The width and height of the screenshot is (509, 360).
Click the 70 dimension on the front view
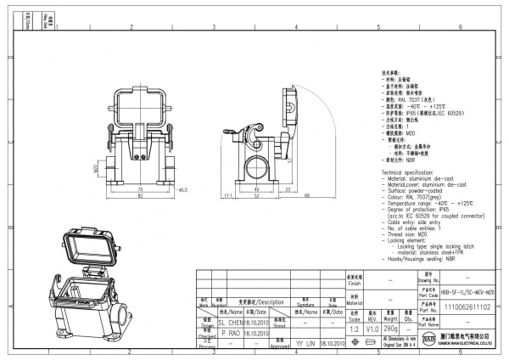tap(139, 188)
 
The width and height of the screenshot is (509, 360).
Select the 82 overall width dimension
tap(139, 196)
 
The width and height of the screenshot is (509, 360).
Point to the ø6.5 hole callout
tap(182, 189)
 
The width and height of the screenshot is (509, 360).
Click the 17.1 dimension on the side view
tap(227, 194)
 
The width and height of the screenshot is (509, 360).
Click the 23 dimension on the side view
tap(288, 188)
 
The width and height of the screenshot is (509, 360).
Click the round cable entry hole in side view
tap(256, 164)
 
